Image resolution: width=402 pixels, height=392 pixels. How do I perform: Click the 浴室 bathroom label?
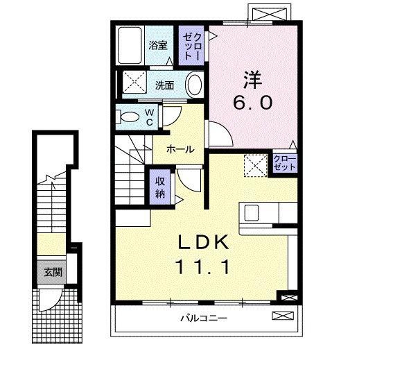[x=157, y=45]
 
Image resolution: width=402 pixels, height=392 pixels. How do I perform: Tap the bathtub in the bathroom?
[x=130, y=45]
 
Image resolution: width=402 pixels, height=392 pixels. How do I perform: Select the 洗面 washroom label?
[x=164, y=85]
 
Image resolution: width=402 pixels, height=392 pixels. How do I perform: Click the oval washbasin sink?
[x=195, y=85]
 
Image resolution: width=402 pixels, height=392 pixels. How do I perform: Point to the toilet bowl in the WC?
[x=128, y=117]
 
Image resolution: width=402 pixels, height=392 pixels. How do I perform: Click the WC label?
[x=150, y=117]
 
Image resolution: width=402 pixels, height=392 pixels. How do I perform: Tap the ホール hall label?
[x=180, y=149]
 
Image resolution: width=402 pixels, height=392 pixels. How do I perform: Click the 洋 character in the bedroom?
[x=253, y=80]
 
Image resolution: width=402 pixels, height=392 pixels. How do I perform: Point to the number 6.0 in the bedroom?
[x=252, y=103]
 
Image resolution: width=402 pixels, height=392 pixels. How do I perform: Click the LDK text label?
[x=203, y=242]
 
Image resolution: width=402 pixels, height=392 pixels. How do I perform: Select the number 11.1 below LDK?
[x=202, y=266]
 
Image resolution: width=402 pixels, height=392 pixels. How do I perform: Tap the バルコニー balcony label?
[x=204, y=318]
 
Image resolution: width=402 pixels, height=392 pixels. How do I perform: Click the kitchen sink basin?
[x=251, y=212]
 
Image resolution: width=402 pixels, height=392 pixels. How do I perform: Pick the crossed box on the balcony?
[x=283, y=316]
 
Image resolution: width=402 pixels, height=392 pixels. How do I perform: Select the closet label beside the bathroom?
[x=192, y=46]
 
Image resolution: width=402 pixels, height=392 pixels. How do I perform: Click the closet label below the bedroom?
[x=285, y=163]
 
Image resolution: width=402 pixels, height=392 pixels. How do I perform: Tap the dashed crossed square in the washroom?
[x=134, y=82]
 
